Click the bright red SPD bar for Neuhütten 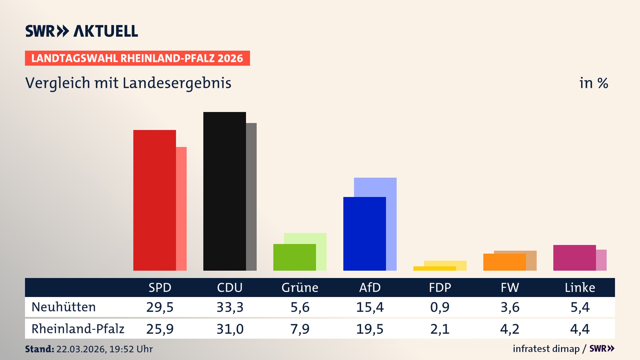click(x=154, y=200)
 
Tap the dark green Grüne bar click(x=294, y=257)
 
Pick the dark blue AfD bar click(x=364, y=233)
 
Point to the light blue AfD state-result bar click(x=375, y=187)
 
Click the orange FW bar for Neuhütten click(x=504, y=262)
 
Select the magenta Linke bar click(x=574, y=258)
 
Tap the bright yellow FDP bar click(x=434, y=268)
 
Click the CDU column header click(x=230, y=287)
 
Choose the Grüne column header click(x=300, y=287)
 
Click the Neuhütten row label click(x=64, y=307)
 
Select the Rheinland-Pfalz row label click(x=78, y=329)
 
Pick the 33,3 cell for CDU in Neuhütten click(x=230, y=307)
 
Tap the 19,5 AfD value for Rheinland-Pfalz click(x=370, y=329)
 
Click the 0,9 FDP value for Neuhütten click(x=440, y=307)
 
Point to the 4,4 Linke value click(x=580, y=329)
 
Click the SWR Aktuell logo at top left click(x=82, y=31)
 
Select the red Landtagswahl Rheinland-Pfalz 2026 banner click(x=137, y=58)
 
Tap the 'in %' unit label click(x=594, y=83)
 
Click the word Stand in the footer click(x=39, y=349)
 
